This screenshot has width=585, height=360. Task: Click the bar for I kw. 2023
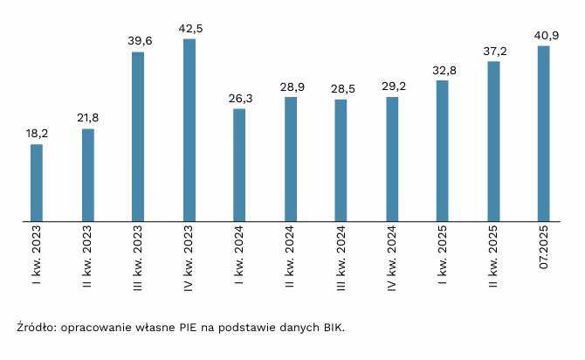tap(37, 183)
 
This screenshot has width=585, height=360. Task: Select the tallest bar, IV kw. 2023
tap(189, 130)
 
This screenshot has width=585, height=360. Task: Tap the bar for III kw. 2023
tap(138, 136)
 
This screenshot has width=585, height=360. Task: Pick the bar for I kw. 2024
tap(239, 165)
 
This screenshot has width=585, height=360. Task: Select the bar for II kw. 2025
tap(493, 142)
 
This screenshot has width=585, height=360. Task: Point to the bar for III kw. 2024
tap(341, 161)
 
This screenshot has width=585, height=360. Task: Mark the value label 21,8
tap(87, 117)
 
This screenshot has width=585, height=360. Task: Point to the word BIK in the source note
tap(333, 329)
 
